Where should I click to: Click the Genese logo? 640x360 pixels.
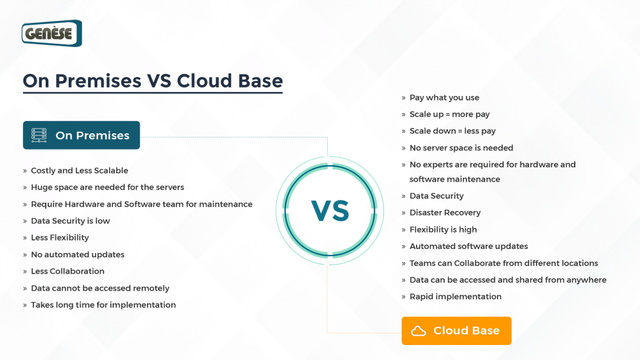52,33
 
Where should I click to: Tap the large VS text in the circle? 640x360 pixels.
330,210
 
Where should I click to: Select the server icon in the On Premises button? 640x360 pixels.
39,135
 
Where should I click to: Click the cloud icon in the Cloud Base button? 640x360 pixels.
418,331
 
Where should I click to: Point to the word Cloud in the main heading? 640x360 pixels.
205,80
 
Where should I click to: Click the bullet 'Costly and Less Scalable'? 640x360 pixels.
79,171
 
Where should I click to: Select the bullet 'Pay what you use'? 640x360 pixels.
444,97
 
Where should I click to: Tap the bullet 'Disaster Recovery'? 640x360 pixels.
445,212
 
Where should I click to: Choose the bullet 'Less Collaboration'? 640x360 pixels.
67,271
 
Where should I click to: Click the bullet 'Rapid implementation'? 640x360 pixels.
455,297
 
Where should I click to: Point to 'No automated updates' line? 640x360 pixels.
77,254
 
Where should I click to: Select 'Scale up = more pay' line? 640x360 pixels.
449,114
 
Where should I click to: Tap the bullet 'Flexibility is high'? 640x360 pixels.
443,229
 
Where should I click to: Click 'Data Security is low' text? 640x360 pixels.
70,221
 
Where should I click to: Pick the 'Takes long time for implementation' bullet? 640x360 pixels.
103,304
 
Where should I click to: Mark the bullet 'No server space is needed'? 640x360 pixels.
461,148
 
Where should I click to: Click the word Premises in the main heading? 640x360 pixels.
98,80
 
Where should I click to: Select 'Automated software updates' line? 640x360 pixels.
468,246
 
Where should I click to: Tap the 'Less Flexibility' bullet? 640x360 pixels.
59,238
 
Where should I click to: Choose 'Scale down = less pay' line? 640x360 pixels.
453,131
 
